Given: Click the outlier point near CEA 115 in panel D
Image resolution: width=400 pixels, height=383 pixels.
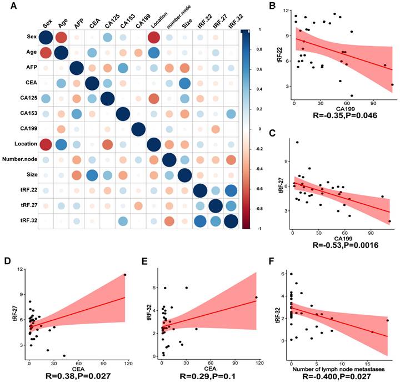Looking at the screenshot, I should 126,274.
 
